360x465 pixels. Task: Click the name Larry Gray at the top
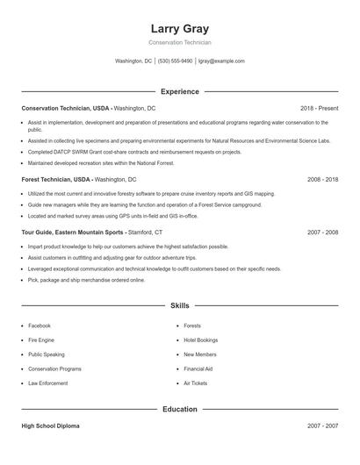pos(180,28)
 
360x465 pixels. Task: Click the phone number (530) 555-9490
pos(176,61)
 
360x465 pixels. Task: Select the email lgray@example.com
pos(221,61)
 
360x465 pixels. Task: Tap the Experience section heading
pos(180,91)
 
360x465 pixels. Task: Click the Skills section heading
pos(180,306)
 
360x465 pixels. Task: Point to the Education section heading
pos(180,410)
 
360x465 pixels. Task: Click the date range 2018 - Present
pos(319,108)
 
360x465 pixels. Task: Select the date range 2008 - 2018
pos(322,179)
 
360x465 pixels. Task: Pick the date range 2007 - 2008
pos(322,232)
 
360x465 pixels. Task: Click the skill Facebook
pos(40,325)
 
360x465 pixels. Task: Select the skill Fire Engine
pos(41,340)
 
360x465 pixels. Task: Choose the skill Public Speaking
pos(47,354)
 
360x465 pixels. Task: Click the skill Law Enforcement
pos(47,383)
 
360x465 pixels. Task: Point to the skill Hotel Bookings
pos(201,340)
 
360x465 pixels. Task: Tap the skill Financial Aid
pos(198,368)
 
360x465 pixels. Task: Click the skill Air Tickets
pos(195,383)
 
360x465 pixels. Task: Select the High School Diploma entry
pos(50,426)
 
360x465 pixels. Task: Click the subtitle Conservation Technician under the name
pos(180,42)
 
